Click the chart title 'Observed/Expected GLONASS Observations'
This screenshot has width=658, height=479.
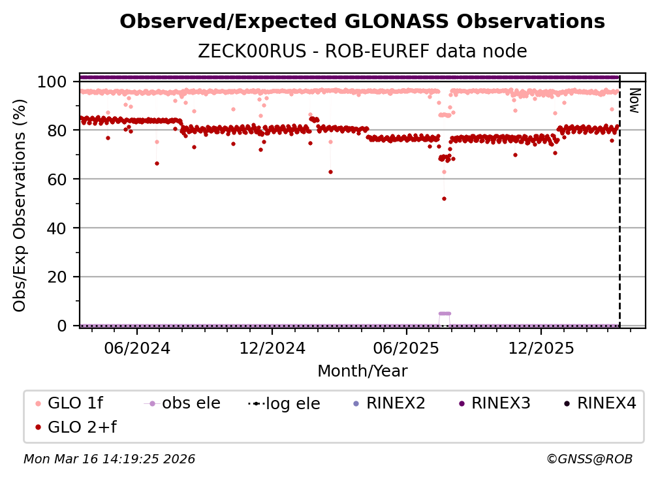tap(362, 22)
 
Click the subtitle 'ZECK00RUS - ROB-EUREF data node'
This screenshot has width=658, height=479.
tap(362, 51)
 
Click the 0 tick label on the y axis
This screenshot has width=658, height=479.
tap(62, 326)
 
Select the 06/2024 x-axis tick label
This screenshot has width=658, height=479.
tap(137, 348)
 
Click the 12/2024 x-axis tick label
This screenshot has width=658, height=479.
tap(272, 348)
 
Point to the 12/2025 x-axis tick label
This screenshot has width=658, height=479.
tap(540, 348)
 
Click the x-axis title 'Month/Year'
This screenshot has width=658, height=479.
tap(362, 371)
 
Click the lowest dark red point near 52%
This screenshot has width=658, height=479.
tap(444, 198)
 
